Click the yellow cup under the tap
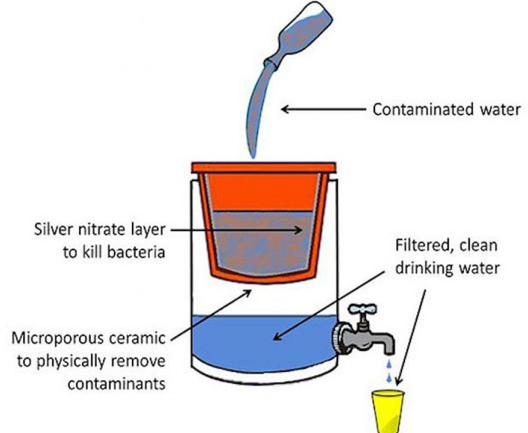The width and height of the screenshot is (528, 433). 389,411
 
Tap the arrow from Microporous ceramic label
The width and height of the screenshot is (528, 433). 211,309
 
